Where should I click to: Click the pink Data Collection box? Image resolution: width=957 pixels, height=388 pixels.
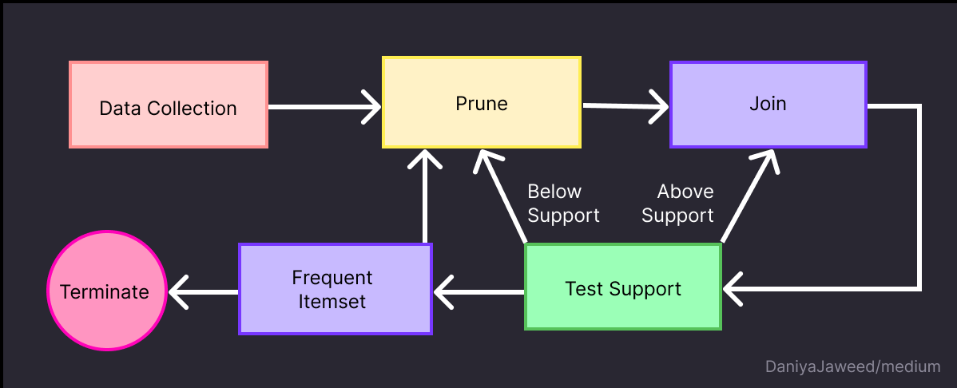pos(169,105)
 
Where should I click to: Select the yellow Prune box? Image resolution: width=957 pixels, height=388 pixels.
pos(482,102)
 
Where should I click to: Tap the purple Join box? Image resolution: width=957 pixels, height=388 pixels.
pos(768,104)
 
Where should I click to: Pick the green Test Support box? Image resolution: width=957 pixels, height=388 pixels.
pos(623,287)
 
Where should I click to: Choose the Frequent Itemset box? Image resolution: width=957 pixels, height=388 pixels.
pos(335,289)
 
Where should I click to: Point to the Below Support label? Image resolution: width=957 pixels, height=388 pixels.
pos(563,204)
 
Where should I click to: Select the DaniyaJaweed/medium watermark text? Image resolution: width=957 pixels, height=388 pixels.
pos(852,367)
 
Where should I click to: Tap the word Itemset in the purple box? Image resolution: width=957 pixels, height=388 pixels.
pos(332,301)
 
